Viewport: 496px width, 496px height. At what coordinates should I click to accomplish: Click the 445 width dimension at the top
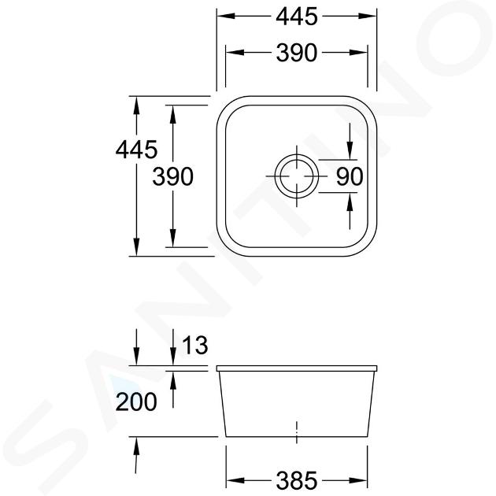[x=296, y=17]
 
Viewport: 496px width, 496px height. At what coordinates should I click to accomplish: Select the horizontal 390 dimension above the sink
[x=296, y=53]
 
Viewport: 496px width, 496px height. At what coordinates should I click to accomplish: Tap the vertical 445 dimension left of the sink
[x=136, y=150]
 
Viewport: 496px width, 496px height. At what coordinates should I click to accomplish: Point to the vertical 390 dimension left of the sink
[x=172, y=176]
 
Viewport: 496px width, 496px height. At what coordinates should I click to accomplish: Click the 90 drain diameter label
[x=350, y=176]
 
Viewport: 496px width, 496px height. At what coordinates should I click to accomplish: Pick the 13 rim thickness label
[x=195, y=345]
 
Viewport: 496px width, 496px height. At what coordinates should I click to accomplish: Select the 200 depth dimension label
[x=136, y=402]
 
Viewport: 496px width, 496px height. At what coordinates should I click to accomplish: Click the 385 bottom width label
[x=296, y=480]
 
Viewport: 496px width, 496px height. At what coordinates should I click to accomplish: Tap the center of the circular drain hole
[x=296, y=176]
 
